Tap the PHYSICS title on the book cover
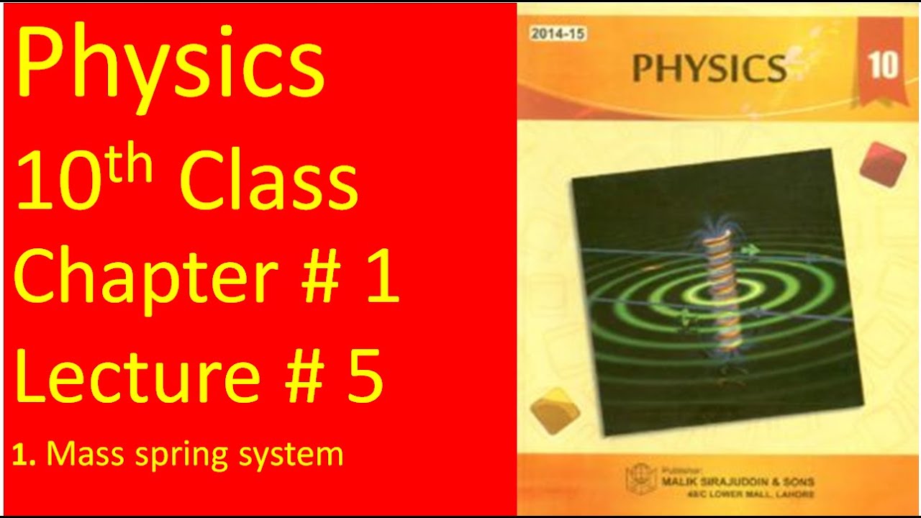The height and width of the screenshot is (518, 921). (709, 68)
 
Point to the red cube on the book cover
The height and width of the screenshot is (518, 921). (883, 163)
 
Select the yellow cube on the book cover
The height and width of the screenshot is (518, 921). (555, 410)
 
